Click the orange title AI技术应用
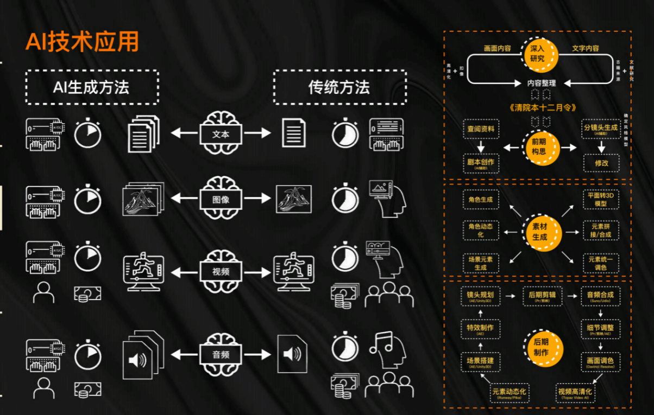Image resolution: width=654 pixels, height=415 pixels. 82,42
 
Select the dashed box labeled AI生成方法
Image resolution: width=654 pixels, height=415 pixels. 92,87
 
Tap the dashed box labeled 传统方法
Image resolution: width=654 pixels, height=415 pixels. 339,87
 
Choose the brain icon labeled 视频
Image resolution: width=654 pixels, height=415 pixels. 221,270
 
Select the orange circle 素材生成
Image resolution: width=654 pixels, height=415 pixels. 539,233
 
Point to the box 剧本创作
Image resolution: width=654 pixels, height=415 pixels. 481,164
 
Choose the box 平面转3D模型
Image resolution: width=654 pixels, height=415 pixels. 601,199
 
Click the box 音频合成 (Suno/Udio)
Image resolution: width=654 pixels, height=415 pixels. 600,297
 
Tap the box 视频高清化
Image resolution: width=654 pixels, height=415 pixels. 575,393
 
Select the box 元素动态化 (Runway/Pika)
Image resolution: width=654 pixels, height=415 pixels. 508,393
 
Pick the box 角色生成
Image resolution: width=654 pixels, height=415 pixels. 481,200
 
